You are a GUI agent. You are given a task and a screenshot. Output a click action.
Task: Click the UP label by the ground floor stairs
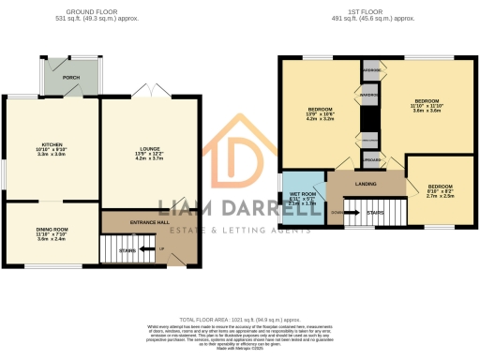(x=162, y=249)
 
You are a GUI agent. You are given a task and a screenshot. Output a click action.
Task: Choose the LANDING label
(x=367, y=184)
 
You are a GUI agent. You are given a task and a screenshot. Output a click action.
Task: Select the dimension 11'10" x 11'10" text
(x=427, y=106)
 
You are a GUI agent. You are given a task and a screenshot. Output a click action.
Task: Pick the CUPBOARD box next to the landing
(x=369, y=160)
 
